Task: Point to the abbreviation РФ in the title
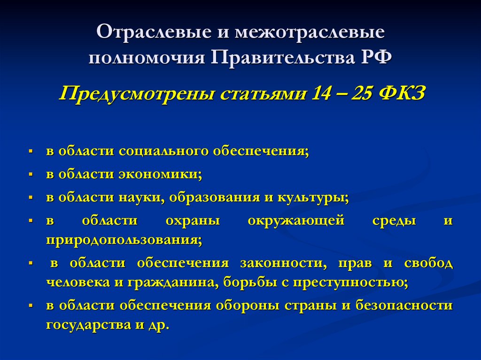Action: point(371,59)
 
